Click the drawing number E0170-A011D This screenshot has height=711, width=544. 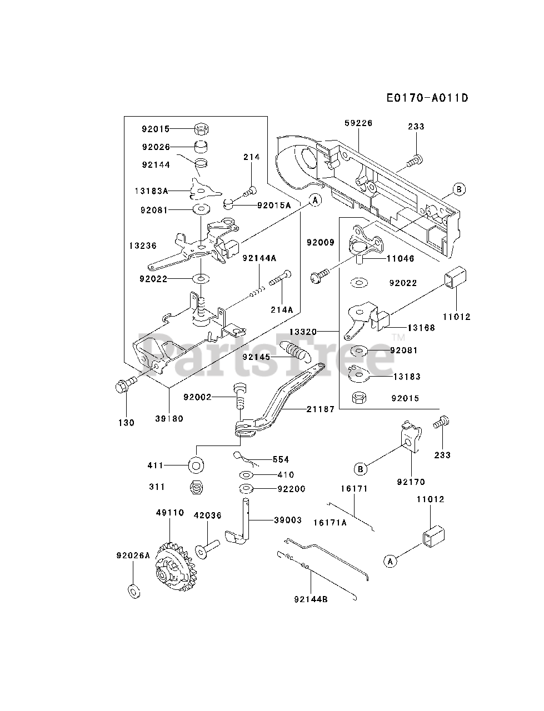click(x=427, y=98)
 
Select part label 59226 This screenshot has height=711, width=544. click(x=358, y=123)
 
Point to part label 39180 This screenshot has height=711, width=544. click(x=169, y=418)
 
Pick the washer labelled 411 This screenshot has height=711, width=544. click(x=196, y=466)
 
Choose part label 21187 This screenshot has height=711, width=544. click(x=321, y=409)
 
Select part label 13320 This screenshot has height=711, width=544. click(x=303, y=332)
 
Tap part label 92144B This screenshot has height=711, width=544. click(x=311, y=599)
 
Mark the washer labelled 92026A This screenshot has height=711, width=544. click(x=134, y=591)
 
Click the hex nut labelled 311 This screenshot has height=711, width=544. click(x=196, y=487)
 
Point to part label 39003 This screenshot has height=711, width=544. click(x=288, y=520)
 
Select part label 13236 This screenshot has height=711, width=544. click(x=143, y=246)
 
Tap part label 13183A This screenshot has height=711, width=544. click(x=151, y=191)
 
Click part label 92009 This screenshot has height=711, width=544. click(x=321, y=242)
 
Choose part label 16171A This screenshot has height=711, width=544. click(x=330, y=523)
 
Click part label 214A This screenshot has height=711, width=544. click(x=282, y=309)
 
